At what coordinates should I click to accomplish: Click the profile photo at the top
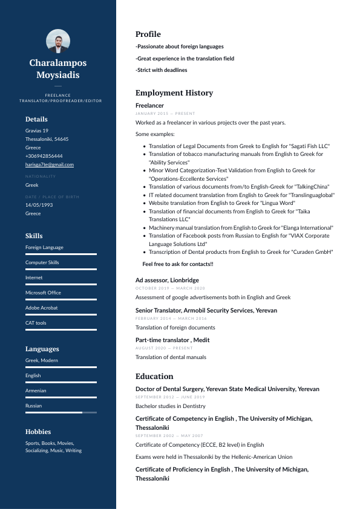pos(58,41)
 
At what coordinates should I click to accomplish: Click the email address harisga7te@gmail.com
pos(50,164)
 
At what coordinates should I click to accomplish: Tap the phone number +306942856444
pos(44,156)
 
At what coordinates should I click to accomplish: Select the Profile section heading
pos(148,34)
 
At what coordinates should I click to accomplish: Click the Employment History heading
pos(174,93)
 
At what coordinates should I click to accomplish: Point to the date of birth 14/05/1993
pos(39,205)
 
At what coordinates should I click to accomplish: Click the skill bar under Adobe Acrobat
pos(61,314)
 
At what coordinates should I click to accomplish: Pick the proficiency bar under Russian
pos(61,412)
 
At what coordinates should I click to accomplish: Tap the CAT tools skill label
pos(36,323)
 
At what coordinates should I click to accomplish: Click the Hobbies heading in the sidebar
pos(38,432)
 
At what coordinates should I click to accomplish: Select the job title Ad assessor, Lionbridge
pos(167,280)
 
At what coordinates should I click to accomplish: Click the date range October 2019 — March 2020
pos(170,288)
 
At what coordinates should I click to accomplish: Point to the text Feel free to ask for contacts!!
pos(178,264)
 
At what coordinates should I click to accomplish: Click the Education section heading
pos(154,376)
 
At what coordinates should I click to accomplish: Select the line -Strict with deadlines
pos(161,70)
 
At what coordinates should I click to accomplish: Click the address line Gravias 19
pos(37,131)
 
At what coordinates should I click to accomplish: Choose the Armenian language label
pos(36,391)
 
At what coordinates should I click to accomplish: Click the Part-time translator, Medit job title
pos(172,340)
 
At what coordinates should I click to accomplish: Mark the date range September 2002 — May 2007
pos(169,436)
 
